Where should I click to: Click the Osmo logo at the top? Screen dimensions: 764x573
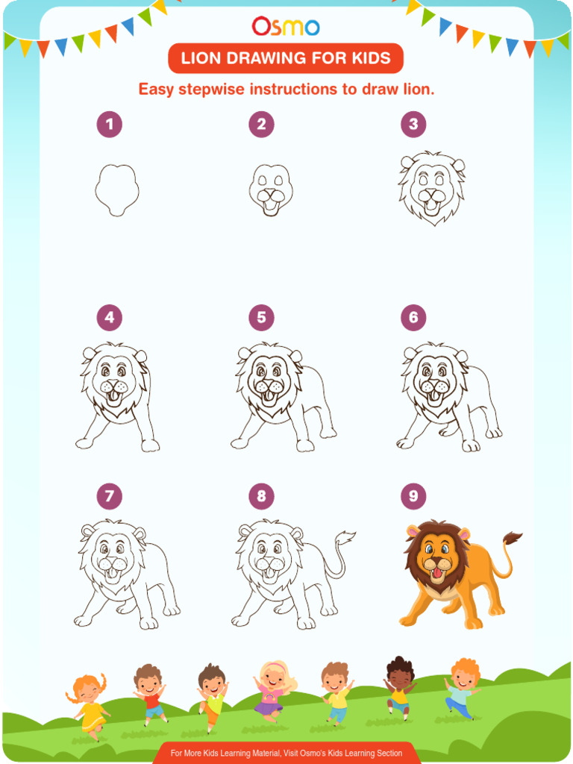coord(286,27)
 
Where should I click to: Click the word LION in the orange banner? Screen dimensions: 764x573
coord(206,58)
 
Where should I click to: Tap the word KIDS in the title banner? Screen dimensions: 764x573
coord(371,58)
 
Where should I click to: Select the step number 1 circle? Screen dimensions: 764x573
coord(109,125)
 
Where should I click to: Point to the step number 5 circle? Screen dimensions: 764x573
coord(261,318)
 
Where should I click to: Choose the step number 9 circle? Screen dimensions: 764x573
coord(413,496)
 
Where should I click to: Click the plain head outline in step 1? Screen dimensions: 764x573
coord(116,189)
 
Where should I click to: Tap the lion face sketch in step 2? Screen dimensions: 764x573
coord(270,190)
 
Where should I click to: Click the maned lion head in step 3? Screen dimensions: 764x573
coord(431,187)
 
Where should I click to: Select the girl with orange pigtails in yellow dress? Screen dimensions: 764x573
coord(89,704)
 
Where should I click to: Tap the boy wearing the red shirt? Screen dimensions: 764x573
coord(149,692)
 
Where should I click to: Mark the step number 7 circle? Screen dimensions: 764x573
coord(109,496)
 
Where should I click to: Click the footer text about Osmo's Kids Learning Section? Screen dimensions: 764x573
coord(286,753)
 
